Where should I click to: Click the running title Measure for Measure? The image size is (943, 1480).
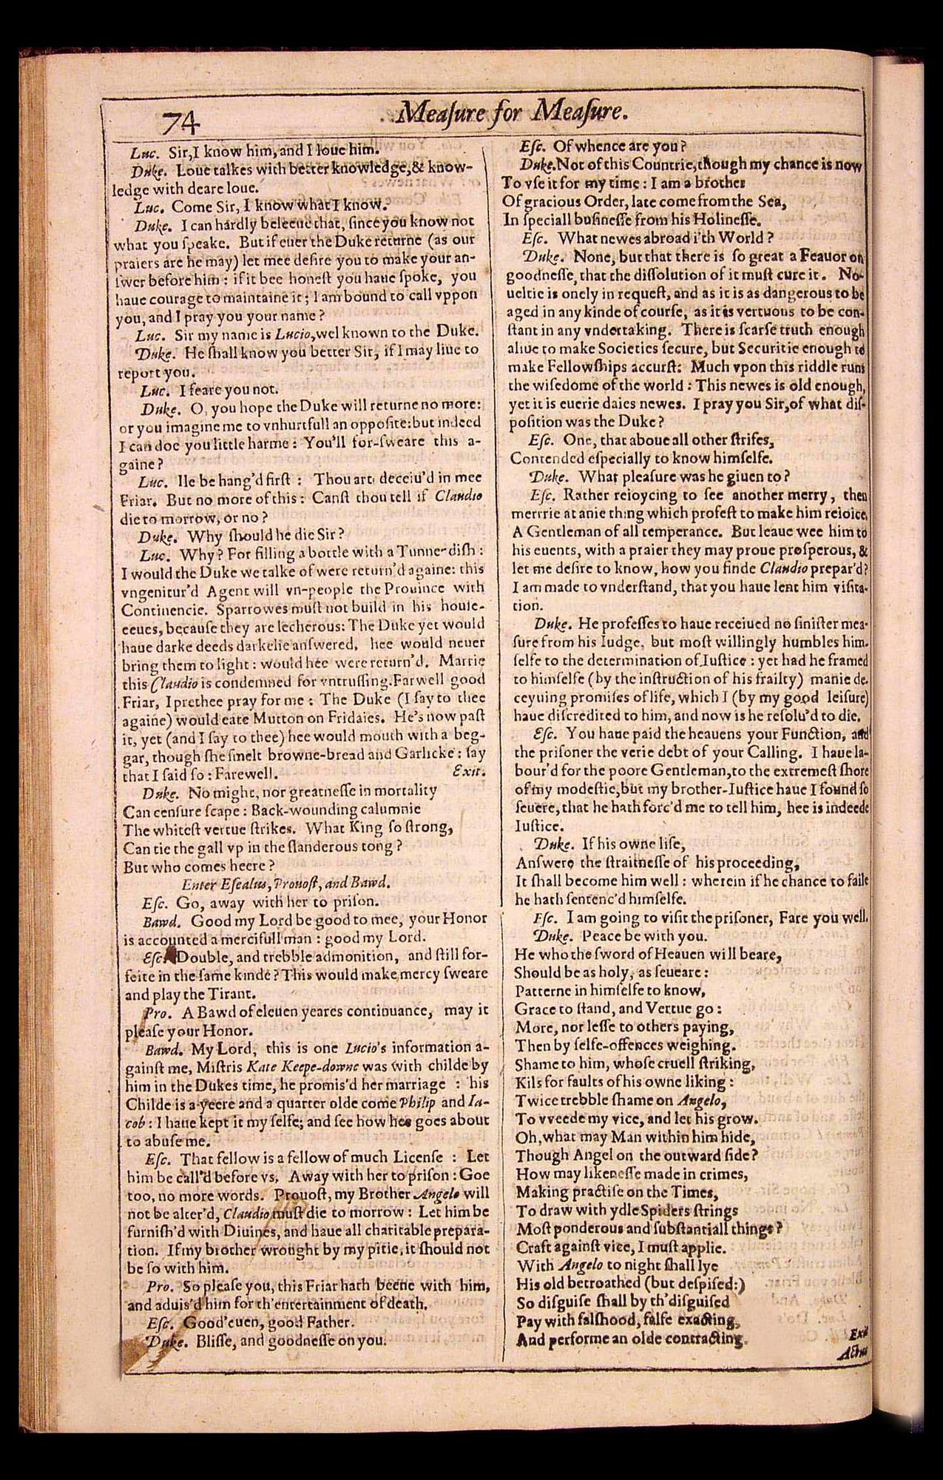click(513, 113)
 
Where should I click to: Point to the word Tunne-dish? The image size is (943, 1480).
click(449, 551)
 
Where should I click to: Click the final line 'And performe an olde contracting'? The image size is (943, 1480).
click(631, 1339)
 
